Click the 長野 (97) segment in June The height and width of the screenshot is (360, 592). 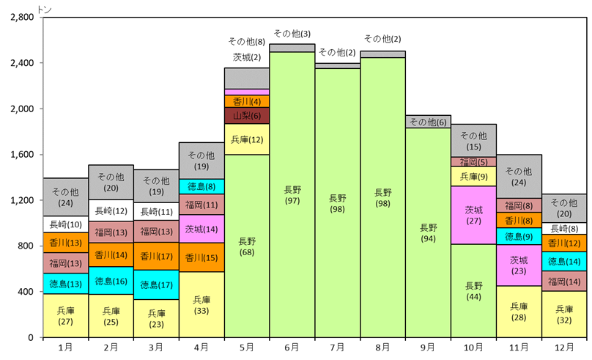(x=292, y=194)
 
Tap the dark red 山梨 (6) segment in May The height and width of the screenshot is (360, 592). (x=247, y=116)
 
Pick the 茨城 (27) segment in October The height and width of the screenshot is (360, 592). (x=474, y=215)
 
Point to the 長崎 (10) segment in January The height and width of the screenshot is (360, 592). (x=66, y=224)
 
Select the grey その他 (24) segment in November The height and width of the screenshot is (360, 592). (x=519, y=177)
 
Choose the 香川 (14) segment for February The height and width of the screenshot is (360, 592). (x=111, y=254)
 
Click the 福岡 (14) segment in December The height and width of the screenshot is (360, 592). (x=564, y=281)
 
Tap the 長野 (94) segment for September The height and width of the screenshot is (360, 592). (x=429, y=232)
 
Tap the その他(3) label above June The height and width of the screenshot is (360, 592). (x=292, y=34)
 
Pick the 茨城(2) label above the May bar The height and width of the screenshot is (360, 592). (x=247, y=56)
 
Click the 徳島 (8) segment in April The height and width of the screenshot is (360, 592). (x=201, y=186)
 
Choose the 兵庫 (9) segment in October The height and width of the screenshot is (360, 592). (x=474, y=176)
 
